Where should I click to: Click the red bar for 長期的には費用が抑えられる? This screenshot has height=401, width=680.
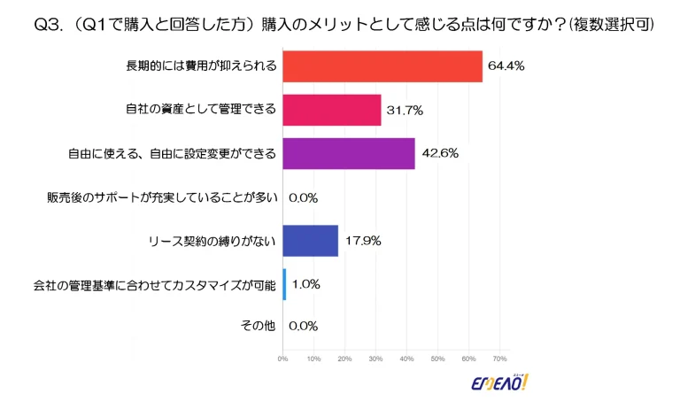coord(382,66)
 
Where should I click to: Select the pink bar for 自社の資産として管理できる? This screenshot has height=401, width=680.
coord(331,110)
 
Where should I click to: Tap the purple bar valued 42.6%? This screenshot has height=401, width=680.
coord(349,153)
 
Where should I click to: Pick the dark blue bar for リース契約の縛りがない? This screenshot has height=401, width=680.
coord(310,240)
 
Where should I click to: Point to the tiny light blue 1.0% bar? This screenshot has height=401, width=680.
coord(284,283)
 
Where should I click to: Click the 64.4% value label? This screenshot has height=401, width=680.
coord(506,66)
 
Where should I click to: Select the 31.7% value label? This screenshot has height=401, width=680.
coord(405,110)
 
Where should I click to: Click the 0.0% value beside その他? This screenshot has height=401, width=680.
coord(303,327)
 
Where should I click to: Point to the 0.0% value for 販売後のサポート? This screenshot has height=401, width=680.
coord(303,197)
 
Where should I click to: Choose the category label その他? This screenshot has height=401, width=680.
coord(259,327)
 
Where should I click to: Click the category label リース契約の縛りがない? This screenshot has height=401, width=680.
coord(212,240)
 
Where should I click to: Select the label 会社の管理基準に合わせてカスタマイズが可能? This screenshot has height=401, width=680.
coord(155,284)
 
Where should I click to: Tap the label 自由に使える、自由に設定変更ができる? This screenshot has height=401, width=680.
coord(173,153)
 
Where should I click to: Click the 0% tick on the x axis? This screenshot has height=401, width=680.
coord(282,359)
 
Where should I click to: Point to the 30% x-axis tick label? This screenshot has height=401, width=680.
coord(375,359)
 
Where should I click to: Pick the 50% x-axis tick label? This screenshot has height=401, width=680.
coord(437,359)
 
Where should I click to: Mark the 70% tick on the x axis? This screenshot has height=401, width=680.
coord(499,359)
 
